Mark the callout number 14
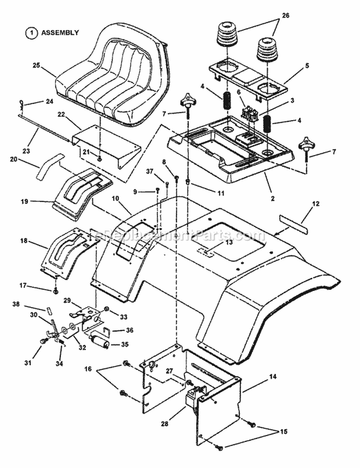click(x=273, y=377)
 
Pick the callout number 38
click(x=29, y=304)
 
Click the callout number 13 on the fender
click(x=215, y=243)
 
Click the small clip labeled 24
click(x=22, y=103)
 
